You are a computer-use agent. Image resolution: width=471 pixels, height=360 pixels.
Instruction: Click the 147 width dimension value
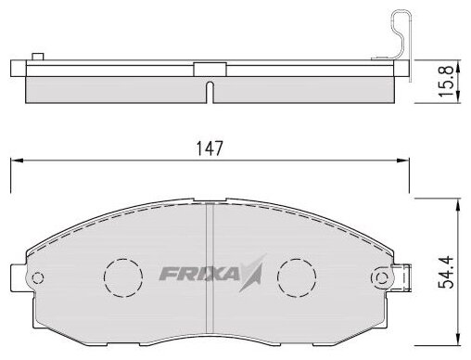[210, 148]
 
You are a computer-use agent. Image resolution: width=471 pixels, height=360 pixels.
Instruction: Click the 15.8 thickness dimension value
[446, 81]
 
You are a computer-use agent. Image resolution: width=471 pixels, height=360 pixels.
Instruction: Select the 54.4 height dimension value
[446, 272]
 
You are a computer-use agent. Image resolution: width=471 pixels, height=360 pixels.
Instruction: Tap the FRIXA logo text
[199, 274]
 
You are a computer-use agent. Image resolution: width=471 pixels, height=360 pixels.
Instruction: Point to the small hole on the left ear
[38, 278]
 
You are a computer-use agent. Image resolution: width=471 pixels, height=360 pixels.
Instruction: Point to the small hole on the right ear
[382, 278]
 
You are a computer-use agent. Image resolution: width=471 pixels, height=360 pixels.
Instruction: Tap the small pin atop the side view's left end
[38, 57]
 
